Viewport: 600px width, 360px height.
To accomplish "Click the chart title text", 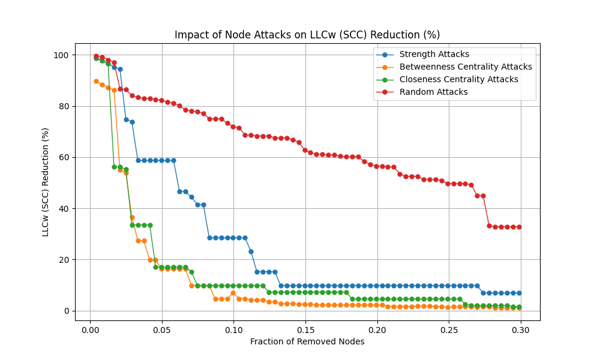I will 307,35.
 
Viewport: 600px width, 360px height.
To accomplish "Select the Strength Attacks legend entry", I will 434,55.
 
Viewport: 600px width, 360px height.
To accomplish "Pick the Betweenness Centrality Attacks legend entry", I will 465,67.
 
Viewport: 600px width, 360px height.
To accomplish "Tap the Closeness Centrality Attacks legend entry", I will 458,79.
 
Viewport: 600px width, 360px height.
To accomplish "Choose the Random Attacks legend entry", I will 433,92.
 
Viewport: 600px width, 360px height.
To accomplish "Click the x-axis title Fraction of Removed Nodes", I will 307,342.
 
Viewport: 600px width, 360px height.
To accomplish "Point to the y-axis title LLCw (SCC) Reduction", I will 46,182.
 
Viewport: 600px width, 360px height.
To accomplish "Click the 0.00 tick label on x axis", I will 90,330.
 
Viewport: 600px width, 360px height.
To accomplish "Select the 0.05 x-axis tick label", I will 162,330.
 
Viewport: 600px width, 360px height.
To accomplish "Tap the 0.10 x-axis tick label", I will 233,330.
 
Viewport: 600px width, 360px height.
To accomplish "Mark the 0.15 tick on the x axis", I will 305,330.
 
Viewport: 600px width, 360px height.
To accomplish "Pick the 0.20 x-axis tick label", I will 377,330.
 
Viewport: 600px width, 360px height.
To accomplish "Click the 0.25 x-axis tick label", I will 449,330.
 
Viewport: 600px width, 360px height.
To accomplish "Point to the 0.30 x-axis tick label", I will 521,330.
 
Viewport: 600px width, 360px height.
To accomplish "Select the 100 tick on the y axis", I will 61,55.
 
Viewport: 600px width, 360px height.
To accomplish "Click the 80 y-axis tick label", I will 64,106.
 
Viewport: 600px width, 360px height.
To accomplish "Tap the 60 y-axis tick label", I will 64,157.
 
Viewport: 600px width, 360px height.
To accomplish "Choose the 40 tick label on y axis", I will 64,209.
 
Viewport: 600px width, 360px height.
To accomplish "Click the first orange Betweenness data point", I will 96,81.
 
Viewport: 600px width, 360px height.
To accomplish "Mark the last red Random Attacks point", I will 519,227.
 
